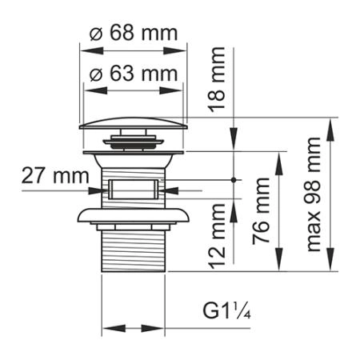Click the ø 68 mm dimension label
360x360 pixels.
pos(133,34)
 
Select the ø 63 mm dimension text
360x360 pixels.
pos(133,74)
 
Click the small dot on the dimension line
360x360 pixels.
pos(234,181)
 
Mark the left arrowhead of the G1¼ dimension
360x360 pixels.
pos(108,329)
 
